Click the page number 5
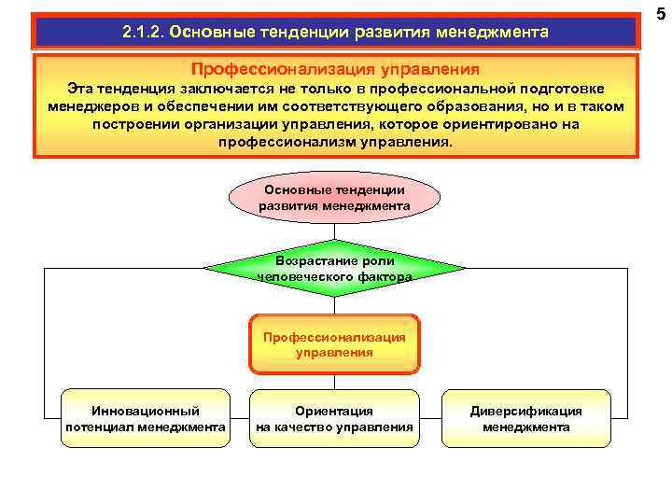(x=660, y=13)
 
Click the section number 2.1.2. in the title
(x=147, y=33)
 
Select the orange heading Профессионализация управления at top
(x=335, y=69)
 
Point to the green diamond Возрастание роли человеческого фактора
(x=334, y=269)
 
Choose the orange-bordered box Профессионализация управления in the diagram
(x=334, y=344)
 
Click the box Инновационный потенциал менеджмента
(x=145, y=419)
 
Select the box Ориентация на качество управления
(x=334, y=419)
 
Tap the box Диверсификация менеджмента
(x=525, y=419)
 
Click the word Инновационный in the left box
(x=145, y=411)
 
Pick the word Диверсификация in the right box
(x=525, y=411)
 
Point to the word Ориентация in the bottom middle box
(x=334, y=411)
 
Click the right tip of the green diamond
(x=464, y=269)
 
